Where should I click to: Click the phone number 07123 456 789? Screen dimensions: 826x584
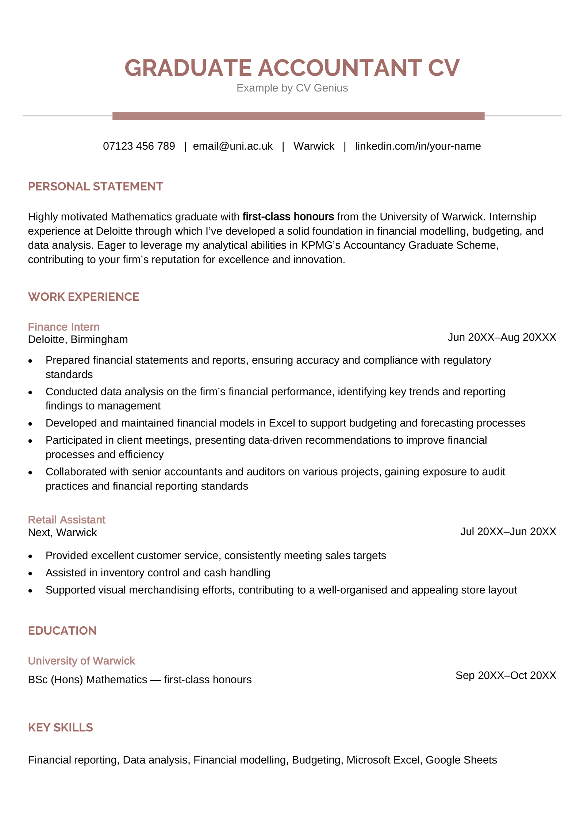139,146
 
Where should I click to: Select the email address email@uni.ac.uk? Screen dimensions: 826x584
233,146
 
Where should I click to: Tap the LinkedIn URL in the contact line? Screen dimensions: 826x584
418,146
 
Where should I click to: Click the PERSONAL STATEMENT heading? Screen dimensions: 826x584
95,187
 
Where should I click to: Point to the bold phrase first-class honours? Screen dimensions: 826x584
288,217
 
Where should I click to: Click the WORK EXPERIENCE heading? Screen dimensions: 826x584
84,297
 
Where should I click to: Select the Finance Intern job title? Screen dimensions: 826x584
64,327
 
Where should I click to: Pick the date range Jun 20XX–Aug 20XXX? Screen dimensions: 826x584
502,337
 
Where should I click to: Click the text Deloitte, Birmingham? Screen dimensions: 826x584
78,339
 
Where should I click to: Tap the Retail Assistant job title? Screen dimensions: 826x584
66,520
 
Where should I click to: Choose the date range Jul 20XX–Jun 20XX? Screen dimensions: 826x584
508,531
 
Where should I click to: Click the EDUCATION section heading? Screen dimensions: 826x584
62,631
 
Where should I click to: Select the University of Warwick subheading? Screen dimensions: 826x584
81,661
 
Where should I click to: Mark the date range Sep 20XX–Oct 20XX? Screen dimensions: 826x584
506,675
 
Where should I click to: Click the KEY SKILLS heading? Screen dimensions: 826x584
60,727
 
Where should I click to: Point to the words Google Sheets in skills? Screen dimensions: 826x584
461,760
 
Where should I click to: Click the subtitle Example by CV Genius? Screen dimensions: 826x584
292,88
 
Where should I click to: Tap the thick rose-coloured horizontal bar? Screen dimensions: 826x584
298,116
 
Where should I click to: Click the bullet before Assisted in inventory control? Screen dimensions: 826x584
30,573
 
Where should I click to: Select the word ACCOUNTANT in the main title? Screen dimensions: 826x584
340,68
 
